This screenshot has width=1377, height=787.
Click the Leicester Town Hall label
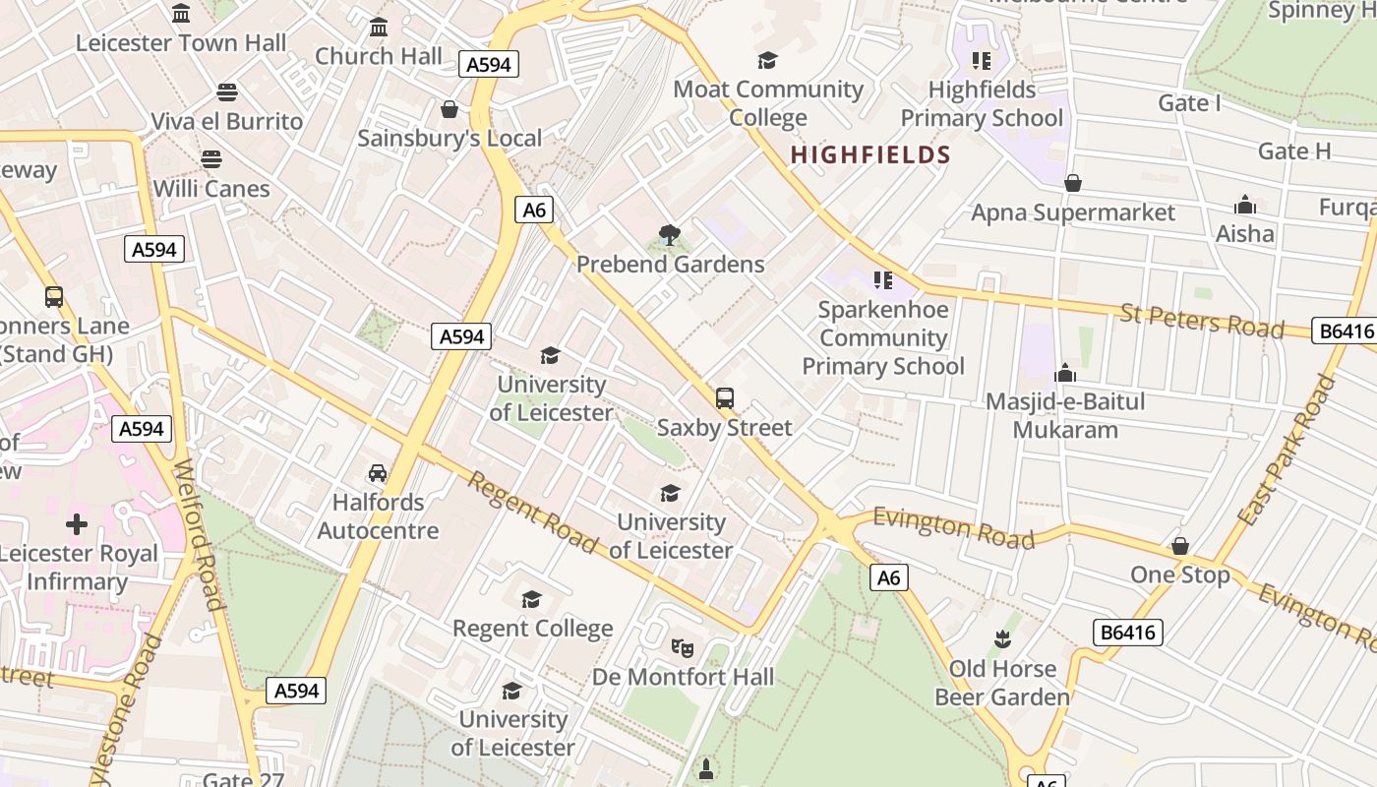(181, 43)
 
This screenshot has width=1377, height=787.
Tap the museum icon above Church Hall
(379, 28)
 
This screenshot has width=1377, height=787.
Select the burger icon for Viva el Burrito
(227, 93)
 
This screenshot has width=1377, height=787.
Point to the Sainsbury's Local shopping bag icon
(449, 109)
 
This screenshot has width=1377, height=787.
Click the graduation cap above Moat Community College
(768, 61)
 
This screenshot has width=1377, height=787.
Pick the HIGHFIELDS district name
(870, 155)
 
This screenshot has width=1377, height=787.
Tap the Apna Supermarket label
(1073, 212)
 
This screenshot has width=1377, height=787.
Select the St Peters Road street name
(1202, 321)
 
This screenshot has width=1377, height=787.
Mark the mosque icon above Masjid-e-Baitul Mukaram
(1065, 373)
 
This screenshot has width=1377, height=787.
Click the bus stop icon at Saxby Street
(725, 398)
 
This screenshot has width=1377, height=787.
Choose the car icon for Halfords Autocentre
(378, 473)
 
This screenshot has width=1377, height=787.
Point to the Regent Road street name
(531, 512)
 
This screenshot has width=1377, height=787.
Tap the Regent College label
(532, 628)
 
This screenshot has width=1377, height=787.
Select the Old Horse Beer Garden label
(1002, 683)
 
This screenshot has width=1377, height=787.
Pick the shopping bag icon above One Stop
(1180, 546)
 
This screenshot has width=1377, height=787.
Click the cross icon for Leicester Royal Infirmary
(77, 524)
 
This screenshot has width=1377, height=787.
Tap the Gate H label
(1294, 151)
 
